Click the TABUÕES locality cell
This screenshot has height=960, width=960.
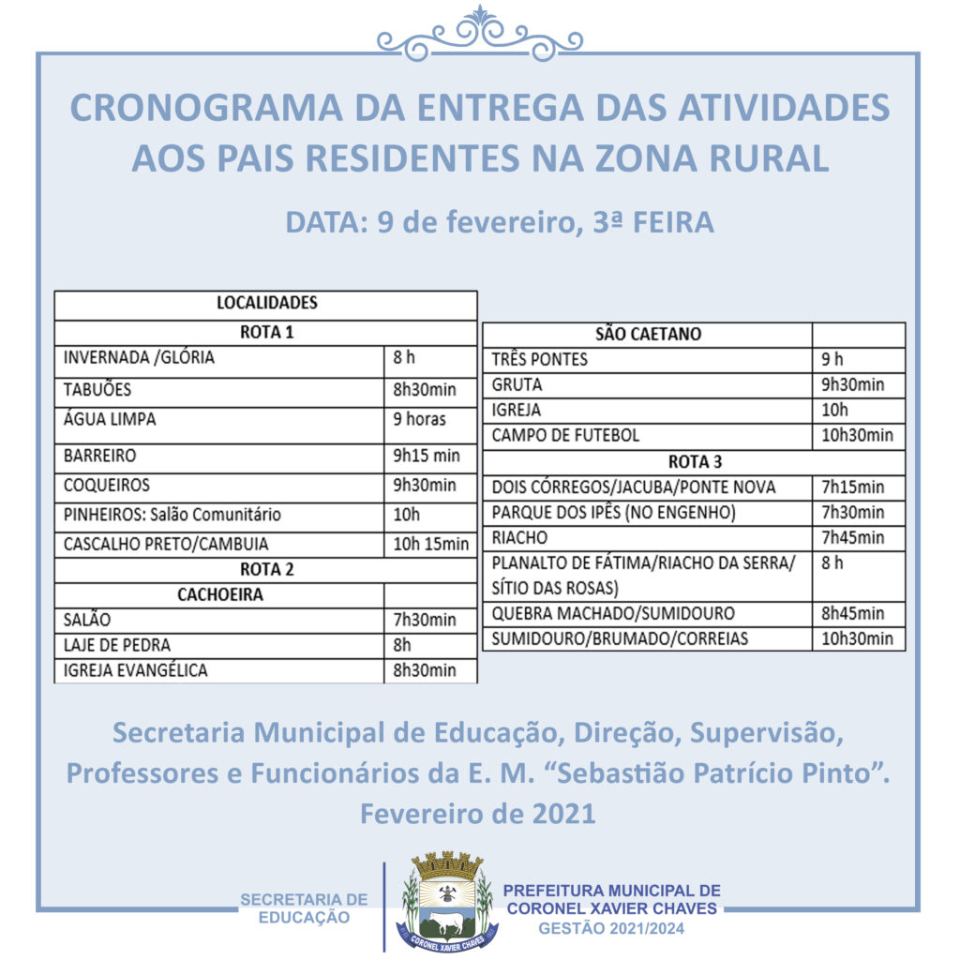click(97, 390)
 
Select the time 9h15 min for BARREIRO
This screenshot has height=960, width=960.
click(427, 456)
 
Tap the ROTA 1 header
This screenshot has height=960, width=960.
click(266, 332)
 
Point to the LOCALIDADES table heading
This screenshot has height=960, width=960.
click(266, 303)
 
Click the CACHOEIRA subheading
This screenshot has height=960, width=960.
click(220, 594)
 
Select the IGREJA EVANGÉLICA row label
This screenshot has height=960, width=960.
click(136, 670)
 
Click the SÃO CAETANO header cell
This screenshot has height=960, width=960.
click(648, 335)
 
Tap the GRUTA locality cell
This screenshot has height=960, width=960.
click(517, 385)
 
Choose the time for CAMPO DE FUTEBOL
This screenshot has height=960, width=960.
click(857, 436)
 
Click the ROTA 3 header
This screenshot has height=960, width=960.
click(695, 462)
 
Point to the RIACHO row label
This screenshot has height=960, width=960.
click(520, 538)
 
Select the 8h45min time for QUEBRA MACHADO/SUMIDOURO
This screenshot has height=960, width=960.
click(852, 614)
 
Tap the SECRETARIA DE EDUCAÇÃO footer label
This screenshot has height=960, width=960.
click(304, 908)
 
